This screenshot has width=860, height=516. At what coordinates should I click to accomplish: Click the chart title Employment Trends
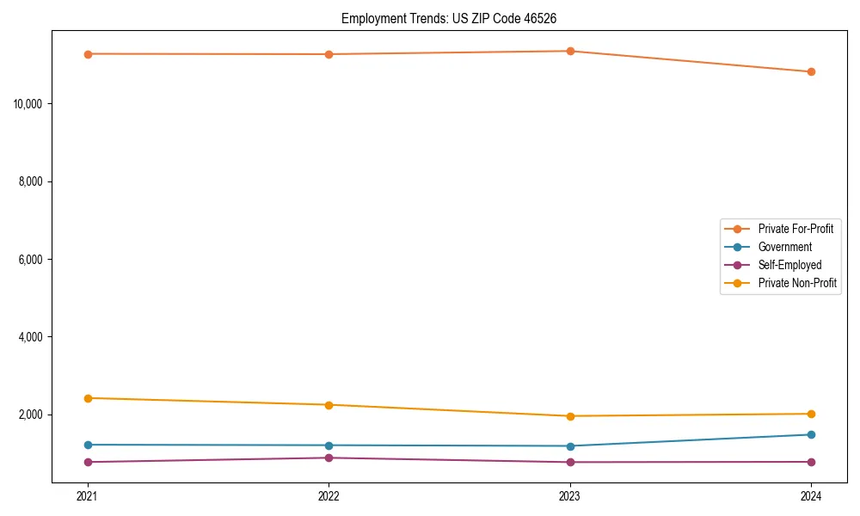pyautogui.click(x=455, y=18)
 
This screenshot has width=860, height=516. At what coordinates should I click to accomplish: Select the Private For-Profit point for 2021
pyautogui.click(x=88, y=54)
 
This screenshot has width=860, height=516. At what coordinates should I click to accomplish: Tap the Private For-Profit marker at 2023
pyautogui.click(x=570, y=51)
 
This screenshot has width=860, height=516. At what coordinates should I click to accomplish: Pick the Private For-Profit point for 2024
pyautogui.click(x=811, y=72)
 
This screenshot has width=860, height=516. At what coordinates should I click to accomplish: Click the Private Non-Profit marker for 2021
pyautogui.click(x=88, y=398)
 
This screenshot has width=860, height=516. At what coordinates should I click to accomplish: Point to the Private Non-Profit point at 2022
pyautogui.click(x=329, y=405)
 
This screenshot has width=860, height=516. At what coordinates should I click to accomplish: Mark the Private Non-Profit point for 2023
pyautogui.click(x=570, y=416)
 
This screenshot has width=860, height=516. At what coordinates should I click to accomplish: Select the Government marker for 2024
pyautogui.click(x=811, y=434)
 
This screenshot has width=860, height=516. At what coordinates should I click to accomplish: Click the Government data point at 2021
pyautogui.click(x=88, y=445)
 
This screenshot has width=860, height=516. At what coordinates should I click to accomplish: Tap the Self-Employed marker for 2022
pyautogui.click(x=329, y=458)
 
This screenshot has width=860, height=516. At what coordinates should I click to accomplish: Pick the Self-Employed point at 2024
pyautogui.click(x=811, y=462)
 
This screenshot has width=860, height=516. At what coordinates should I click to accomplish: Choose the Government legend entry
pyautogui.click(x=784, y=247)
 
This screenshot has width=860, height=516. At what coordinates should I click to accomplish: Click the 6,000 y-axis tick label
pyautogui.click(x=32, y=260)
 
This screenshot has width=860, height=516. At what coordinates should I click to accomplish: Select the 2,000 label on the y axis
pyautogui.click(x=32, y=415)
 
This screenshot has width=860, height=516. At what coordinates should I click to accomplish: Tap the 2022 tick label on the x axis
pyautogui.click(x=329, y=496)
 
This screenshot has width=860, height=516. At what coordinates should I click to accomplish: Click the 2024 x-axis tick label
pyautogui.click(x=811, y=496)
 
